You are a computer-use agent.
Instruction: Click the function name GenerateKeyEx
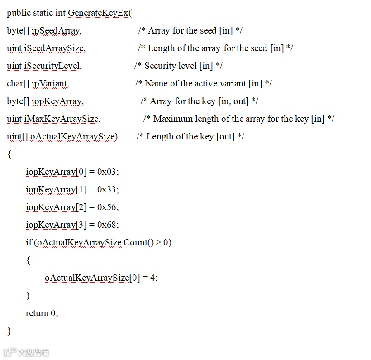[x=98, y=13]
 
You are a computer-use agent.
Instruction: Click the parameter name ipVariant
[x=50, y=84]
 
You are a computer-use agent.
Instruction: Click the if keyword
[x=29, y=243]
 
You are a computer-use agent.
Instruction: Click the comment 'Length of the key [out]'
[x=190, y=137]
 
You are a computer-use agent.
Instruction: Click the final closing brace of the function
[x=9, y=331]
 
